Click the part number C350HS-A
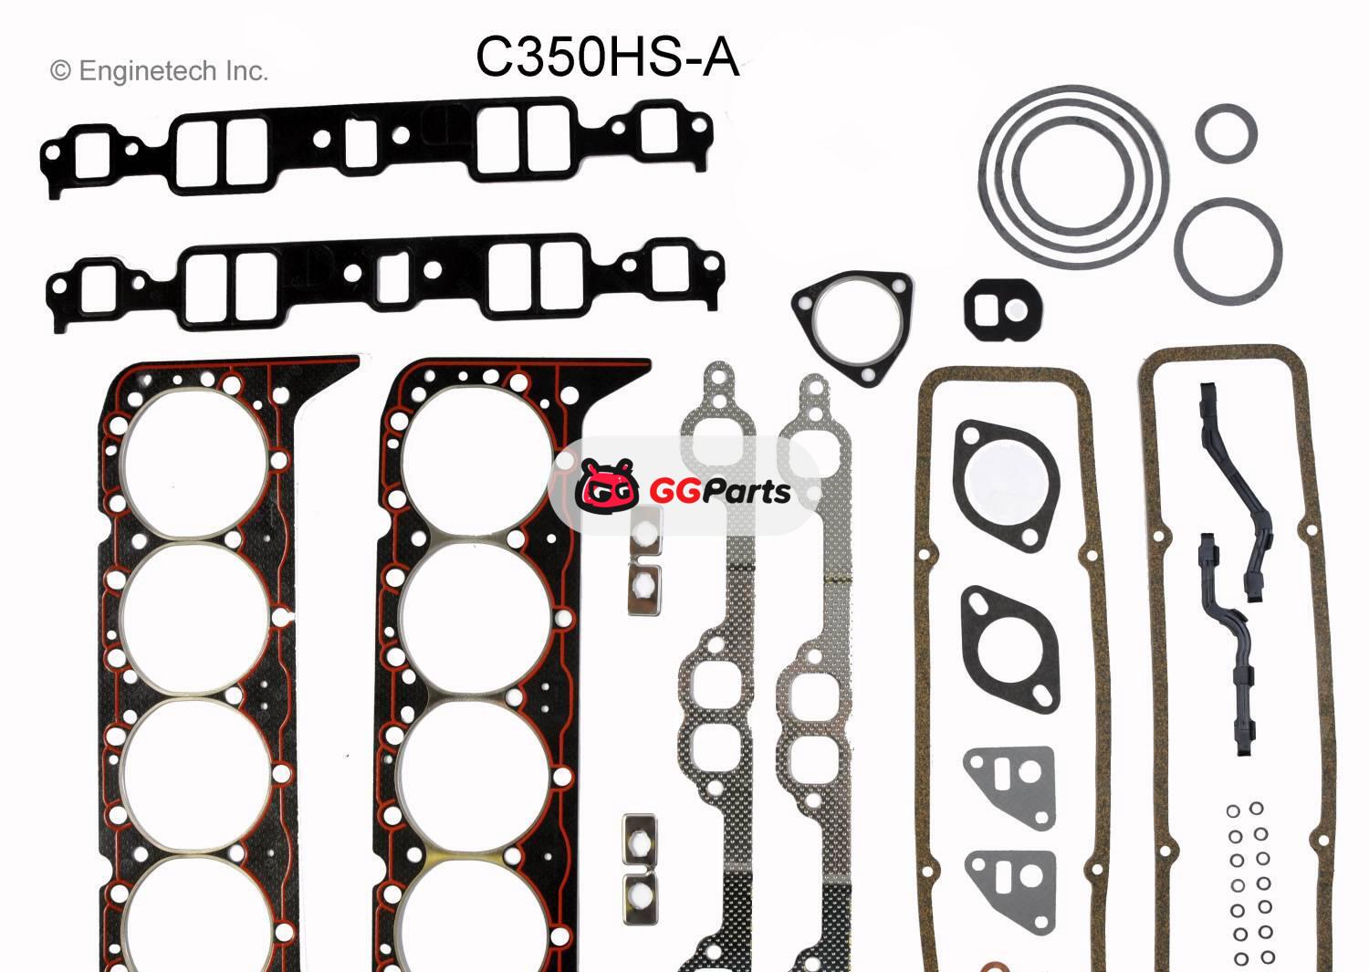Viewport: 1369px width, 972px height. pyautogui.click(x=607, y=57)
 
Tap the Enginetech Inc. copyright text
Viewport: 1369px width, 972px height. pyautogui.click(x=159, y=71)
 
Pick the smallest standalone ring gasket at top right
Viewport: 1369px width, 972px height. pyautogui.click(x=1226, y=132)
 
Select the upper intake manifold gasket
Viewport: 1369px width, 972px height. pyautogui.click(x=376, y=146)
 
